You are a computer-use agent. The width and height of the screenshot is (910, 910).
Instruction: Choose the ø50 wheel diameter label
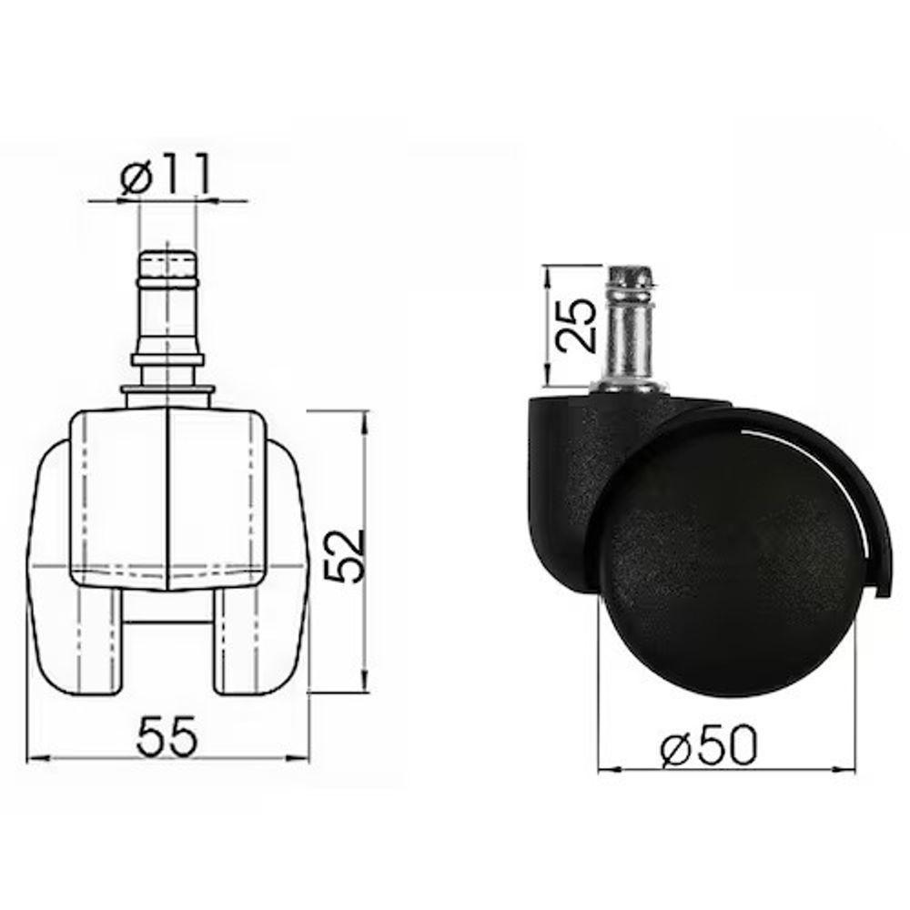coord(710,749)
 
